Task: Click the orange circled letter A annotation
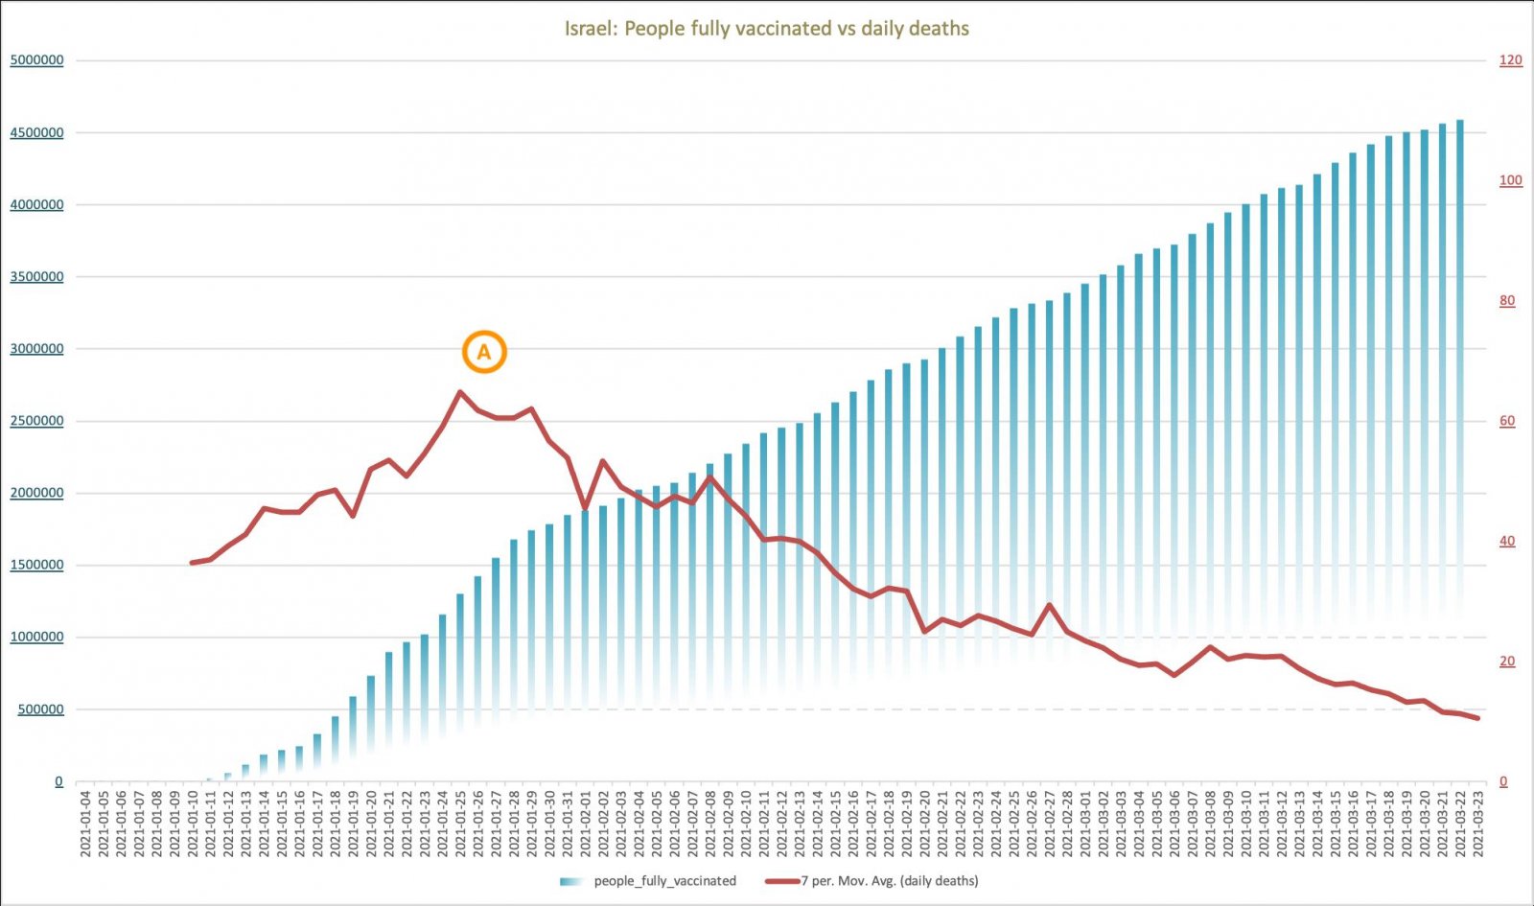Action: click(484, 352)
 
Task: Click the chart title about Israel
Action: click(766, 29)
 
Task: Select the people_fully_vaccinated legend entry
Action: click(664, 881)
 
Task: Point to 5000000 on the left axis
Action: click(36, 60)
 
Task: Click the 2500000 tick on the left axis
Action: click(36, 421)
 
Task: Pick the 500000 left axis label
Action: click(39, 709)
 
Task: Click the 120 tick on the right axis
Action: click(1510, 60)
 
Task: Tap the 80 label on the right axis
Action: click(1507, 301)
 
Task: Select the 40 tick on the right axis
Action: click(1507, 542)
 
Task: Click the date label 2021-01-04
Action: click(85, 823)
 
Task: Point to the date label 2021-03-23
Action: click(1478, 823)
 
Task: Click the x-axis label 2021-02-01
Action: click(586, 823)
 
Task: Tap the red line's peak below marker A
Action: click(460, 392)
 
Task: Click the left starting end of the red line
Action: click(192, 563)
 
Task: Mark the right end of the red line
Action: click(1477, 718)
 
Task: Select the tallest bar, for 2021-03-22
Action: click(1460, 383)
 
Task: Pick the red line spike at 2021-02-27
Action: click(1050, 605)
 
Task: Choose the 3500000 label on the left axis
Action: click(36, 277)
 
